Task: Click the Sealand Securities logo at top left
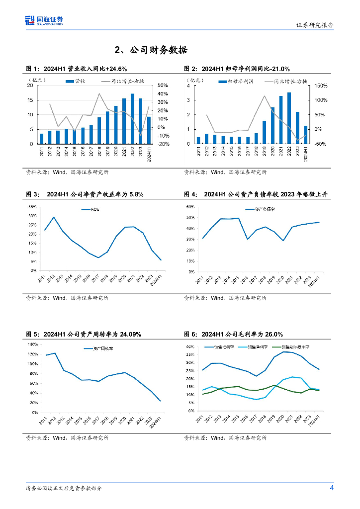coord(44,20)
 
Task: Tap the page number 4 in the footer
coord(332,488)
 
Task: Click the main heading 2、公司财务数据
coord(150,50)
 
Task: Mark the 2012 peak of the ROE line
coord(54,217)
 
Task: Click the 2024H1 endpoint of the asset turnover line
coord(160,401)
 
